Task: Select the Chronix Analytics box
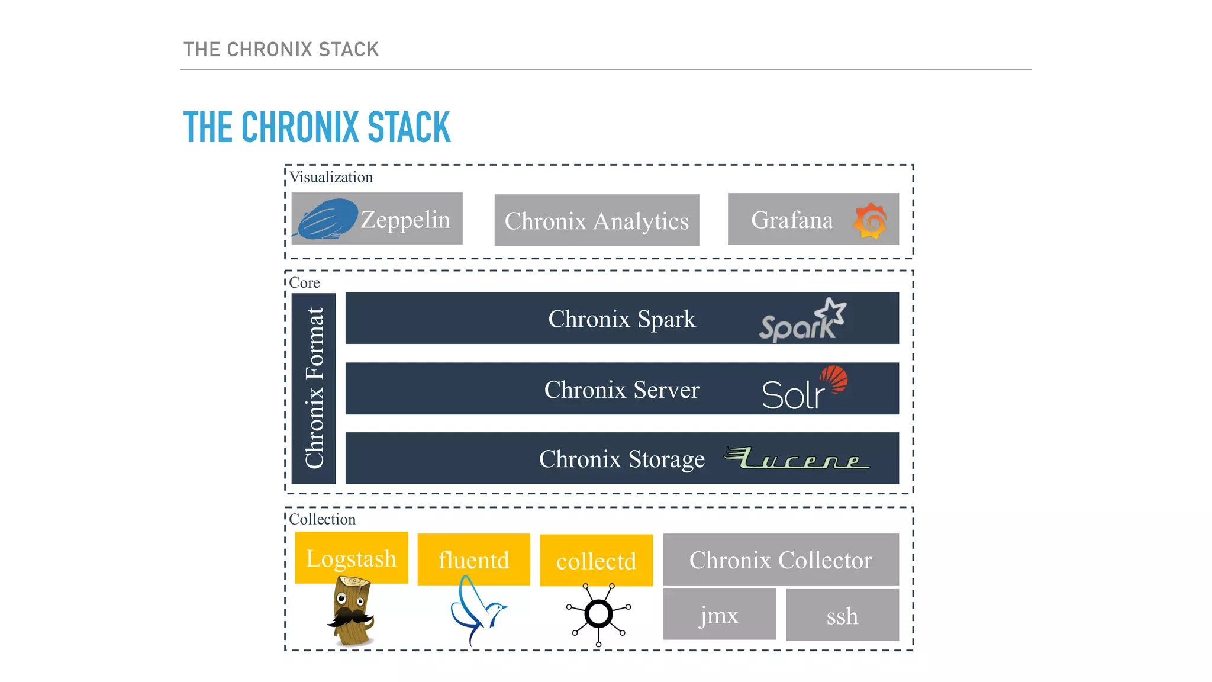(597, 220)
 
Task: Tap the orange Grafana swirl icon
(871, 221)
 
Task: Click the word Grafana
(792, 220)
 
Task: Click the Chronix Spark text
(621, 319)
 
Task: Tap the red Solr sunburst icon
(834, 379)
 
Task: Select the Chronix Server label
(621, 390)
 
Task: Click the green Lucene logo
(797, 458)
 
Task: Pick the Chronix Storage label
(621, 459)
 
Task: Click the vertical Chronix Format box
(314, 388)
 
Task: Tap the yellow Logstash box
(351, 558)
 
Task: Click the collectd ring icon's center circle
(598, 614)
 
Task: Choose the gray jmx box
(719, 615)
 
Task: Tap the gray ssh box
(842, 616)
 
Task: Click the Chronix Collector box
(781, 559)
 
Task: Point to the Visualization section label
(331, 177)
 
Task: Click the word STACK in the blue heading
(409, 127)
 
